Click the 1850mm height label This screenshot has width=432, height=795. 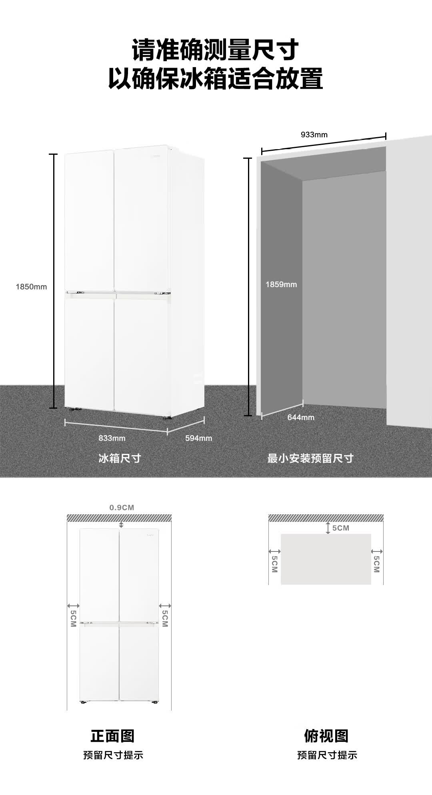(x=31, y=287)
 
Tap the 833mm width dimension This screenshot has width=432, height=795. (x=112, y=438)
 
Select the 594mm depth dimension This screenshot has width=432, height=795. (x=198, y=438)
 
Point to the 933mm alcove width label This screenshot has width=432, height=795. (x=314, y=135)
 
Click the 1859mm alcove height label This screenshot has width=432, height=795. (x=281, y=284)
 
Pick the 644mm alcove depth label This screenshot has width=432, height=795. (x=301, y=417)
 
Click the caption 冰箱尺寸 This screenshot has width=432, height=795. (x=120, y=458)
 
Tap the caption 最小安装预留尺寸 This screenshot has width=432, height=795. (x=310, y=458)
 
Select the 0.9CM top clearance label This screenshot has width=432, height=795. (x=122, y=507)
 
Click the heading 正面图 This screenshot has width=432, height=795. (x=112, y=735)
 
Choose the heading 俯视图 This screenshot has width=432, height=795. (x=326, y=735)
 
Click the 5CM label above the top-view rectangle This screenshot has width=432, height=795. (x=340, y=528)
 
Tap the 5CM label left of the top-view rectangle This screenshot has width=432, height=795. (x=274, y=564)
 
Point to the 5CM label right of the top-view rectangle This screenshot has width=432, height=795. (x=376, y=564)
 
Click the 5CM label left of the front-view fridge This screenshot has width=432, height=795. (x=73, y=618)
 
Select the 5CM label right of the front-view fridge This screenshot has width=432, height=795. (x=165, y=618)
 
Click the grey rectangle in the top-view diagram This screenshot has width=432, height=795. (x=326, y=559)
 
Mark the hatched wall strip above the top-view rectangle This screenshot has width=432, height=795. (x=326, y=518)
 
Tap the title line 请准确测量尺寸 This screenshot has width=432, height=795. (x=216, y=50)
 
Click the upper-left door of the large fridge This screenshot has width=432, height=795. (x=89, y=220)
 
